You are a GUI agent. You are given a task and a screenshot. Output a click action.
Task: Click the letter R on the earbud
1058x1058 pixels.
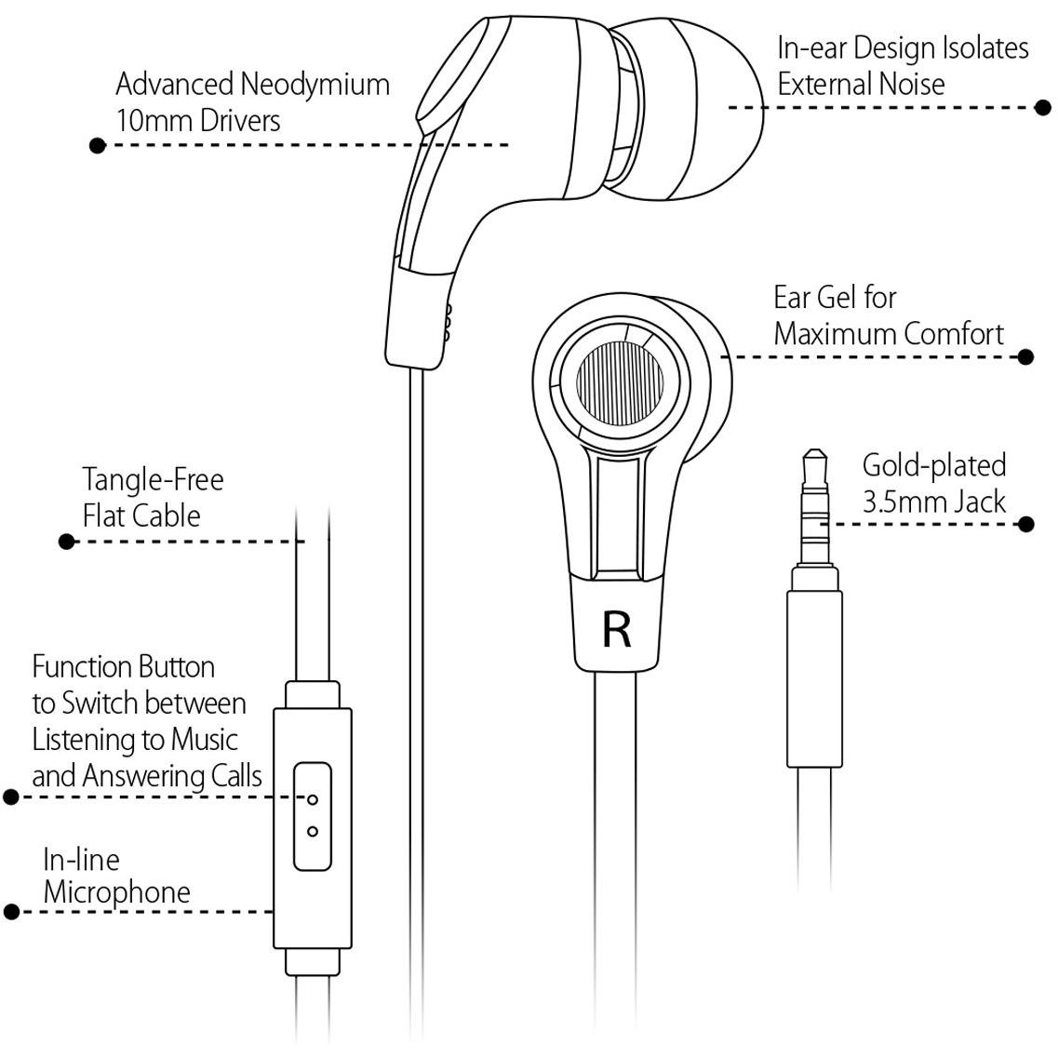617,630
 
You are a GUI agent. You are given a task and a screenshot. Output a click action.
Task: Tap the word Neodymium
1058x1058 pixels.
315,85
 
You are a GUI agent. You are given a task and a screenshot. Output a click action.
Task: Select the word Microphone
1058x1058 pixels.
116,892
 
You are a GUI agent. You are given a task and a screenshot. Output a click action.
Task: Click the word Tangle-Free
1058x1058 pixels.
154,480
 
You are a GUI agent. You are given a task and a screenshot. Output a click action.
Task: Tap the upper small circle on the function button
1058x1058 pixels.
313,799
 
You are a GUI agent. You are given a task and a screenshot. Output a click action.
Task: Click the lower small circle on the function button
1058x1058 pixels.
313,831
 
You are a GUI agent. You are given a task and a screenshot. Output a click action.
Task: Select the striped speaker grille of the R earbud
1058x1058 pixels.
620,383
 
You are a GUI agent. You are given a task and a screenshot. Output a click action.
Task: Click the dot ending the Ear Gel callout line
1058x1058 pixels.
1025,356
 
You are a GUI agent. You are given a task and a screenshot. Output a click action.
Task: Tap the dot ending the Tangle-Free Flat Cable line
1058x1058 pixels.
67,542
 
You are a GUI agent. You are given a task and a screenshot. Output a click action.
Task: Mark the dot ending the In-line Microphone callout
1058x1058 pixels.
11,912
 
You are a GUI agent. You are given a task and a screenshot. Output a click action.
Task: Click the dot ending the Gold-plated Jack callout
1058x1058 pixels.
1025,524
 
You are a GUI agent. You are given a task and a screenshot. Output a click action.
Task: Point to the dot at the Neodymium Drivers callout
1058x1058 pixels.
98,145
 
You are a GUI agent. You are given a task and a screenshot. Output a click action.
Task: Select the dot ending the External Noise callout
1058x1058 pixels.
1042,107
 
